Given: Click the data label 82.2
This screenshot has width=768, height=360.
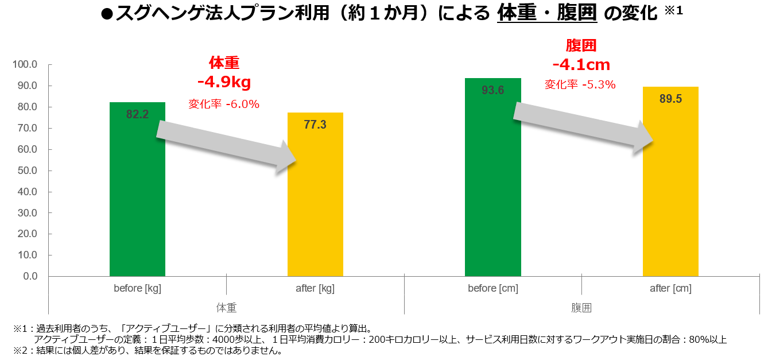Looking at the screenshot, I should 137,114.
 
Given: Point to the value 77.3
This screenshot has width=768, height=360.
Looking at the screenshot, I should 315,125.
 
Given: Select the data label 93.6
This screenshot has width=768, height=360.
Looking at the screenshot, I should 493,90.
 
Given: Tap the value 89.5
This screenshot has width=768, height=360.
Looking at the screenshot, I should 670,99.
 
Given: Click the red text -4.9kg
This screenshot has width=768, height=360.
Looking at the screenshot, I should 224,83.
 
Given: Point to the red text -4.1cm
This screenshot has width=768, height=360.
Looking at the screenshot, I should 581,64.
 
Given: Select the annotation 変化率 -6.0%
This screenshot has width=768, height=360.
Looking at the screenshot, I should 224,104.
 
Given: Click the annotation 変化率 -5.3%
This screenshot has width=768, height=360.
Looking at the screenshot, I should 580,84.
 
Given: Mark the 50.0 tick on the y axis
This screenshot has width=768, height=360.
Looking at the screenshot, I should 26,171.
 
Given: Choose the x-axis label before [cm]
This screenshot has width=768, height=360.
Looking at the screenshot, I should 493,288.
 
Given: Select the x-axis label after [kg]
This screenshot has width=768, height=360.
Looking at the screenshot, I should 315,288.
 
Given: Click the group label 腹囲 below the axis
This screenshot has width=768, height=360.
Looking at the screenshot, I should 581,307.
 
